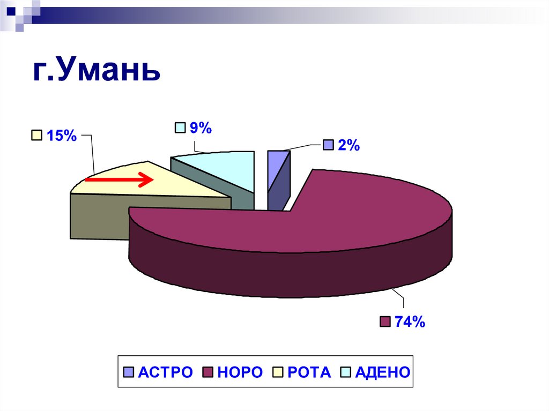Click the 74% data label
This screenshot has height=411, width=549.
click(410, 322)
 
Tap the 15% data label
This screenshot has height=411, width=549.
click(61, 136)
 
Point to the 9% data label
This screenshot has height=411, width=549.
click(201, 128)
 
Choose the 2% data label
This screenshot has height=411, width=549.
click(348, 145)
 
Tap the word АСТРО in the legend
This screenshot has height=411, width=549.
click(165, 372)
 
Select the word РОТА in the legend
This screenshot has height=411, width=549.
click(309, 372)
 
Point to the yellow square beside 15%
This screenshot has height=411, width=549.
click(36, 136)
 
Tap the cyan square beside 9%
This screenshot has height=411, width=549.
click(180, 128)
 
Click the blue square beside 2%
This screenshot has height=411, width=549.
click(328, 145)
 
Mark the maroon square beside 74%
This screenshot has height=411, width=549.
click(384, 322)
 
